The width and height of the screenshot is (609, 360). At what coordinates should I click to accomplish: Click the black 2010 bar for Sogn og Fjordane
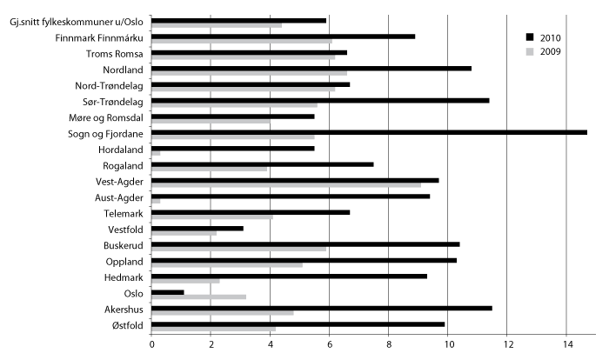(x=369, y=132)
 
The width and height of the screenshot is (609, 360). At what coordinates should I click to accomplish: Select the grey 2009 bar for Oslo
(x=198, y=297)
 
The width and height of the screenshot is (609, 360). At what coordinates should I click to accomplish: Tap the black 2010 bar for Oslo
(x=168, y=292)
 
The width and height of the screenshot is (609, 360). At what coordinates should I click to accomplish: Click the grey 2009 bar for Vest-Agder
(x=286, y=185)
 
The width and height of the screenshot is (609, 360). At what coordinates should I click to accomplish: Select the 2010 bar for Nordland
(x=311, y=68)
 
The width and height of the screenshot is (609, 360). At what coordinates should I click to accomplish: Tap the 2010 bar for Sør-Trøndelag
(x=320, y=100)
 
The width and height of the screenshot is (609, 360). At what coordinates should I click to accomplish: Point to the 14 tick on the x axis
(x=566, y=343)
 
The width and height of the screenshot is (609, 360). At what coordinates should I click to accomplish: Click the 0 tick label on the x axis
(x=151, y=343)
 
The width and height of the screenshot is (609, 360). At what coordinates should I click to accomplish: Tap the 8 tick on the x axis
(x=388, y=343)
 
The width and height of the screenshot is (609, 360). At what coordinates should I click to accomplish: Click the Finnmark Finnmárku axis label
(x=99, y=37)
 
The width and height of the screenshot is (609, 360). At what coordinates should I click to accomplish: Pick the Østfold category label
(x=125, y=325)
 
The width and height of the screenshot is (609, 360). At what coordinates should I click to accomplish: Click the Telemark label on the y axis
(x=122, y=213)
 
